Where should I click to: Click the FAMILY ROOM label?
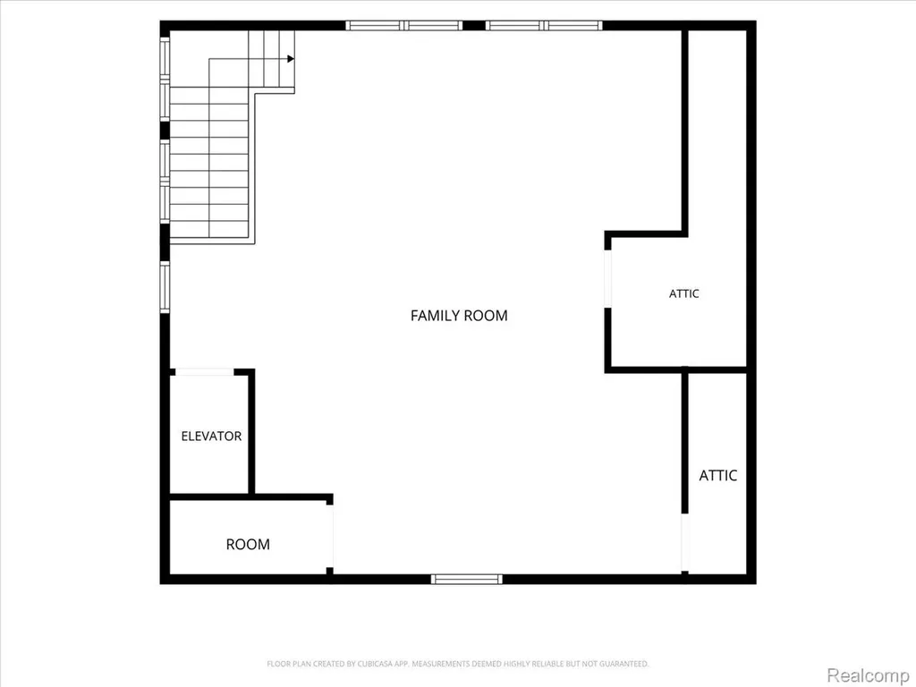point(459,316)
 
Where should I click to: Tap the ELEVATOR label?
point(211,436)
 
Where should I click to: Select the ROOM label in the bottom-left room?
point(248,545)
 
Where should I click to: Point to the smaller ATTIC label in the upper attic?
point(683,293)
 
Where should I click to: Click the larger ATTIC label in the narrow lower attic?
point(718,476)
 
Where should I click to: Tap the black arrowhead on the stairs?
point(291,58)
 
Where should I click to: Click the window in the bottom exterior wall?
point(466,579)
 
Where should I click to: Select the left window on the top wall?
point(403,25)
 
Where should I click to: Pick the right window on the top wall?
point(544,25)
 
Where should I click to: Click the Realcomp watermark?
point(867,675)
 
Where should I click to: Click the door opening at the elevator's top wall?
point(205,372)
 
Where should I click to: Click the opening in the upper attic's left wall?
point(607,279)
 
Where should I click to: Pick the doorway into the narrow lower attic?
point(684,543)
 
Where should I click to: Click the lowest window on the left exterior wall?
point(165,287)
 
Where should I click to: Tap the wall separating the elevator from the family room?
point(251,432)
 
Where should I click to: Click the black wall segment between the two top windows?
point(474,25)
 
